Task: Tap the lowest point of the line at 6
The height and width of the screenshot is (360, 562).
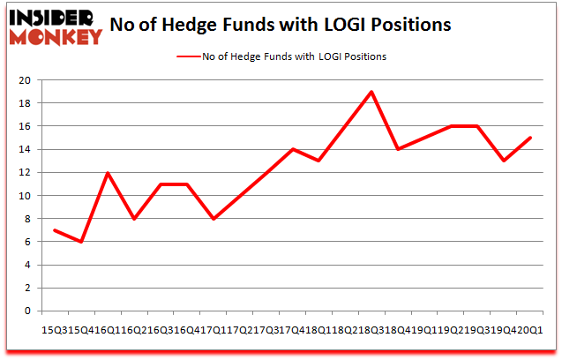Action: click(81, 242)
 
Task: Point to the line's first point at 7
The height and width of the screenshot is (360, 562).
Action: click(55, 230)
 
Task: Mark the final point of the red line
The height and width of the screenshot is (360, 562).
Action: click(531, 138)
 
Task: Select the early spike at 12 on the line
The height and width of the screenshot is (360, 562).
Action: click(108, 173)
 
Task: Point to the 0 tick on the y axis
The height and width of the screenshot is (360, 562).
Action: click(28, 311)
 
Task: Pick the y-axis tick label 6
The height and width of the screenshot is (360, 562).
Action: click(28, 242)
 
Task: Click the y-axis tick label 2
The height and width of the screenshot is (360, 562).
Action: click(28, 288)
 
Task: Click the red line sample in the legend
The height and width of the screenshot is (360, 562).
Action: click(191, 56)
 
